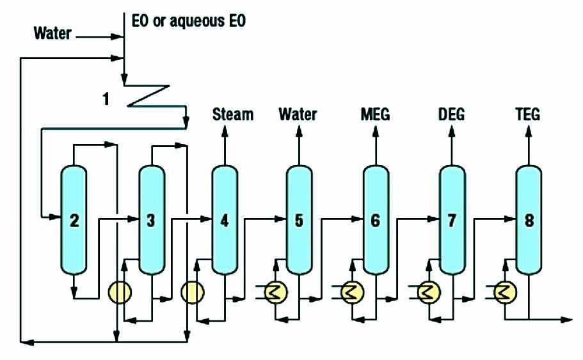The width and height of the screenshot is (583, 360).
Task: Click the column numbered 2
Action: click(x=74, y=221)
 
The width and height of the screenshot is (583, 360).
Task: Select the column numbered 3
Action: click(x=151, y=221)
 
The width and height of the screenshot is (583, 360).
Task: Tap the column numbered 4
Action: click(x=224, y=221)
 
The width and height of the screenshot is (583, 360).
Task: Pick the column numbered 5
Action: click(x=298, y=221)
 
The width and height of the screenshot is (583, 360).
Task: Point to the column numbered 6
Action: click(x=375, y=221)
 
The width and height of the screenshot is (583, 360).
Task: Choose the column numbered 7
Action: click(x=452, y=221)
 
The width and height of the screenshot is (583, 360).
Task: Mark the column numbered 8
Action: click(x=529, y=221)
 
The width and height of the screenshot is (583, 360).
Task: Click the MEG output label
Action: click(x=375, y=114)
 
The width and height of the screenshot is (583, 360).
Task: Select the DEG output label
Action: click(x=452, y=114)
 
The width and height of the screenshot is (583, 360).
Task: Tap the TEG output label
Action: click(x=529, y=114)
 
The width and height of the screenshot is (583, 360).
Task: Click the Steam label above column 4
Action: click(x=233, y=114)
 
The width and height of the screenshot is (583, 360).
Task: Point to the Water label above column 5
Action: click(x=298, y=114)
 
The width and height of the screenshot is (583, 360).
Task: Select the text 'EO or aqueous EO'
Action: click(x=188, y=21)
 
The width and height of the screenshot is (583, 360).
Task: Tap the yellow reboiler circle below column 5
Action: click(x=275, y=293)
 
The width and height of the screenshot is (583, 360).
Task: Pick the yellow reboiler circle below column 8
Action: click(x=506, y=293)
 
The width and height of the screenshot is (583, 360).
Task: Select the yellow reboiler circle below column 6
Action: click(x=351, y=293)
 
